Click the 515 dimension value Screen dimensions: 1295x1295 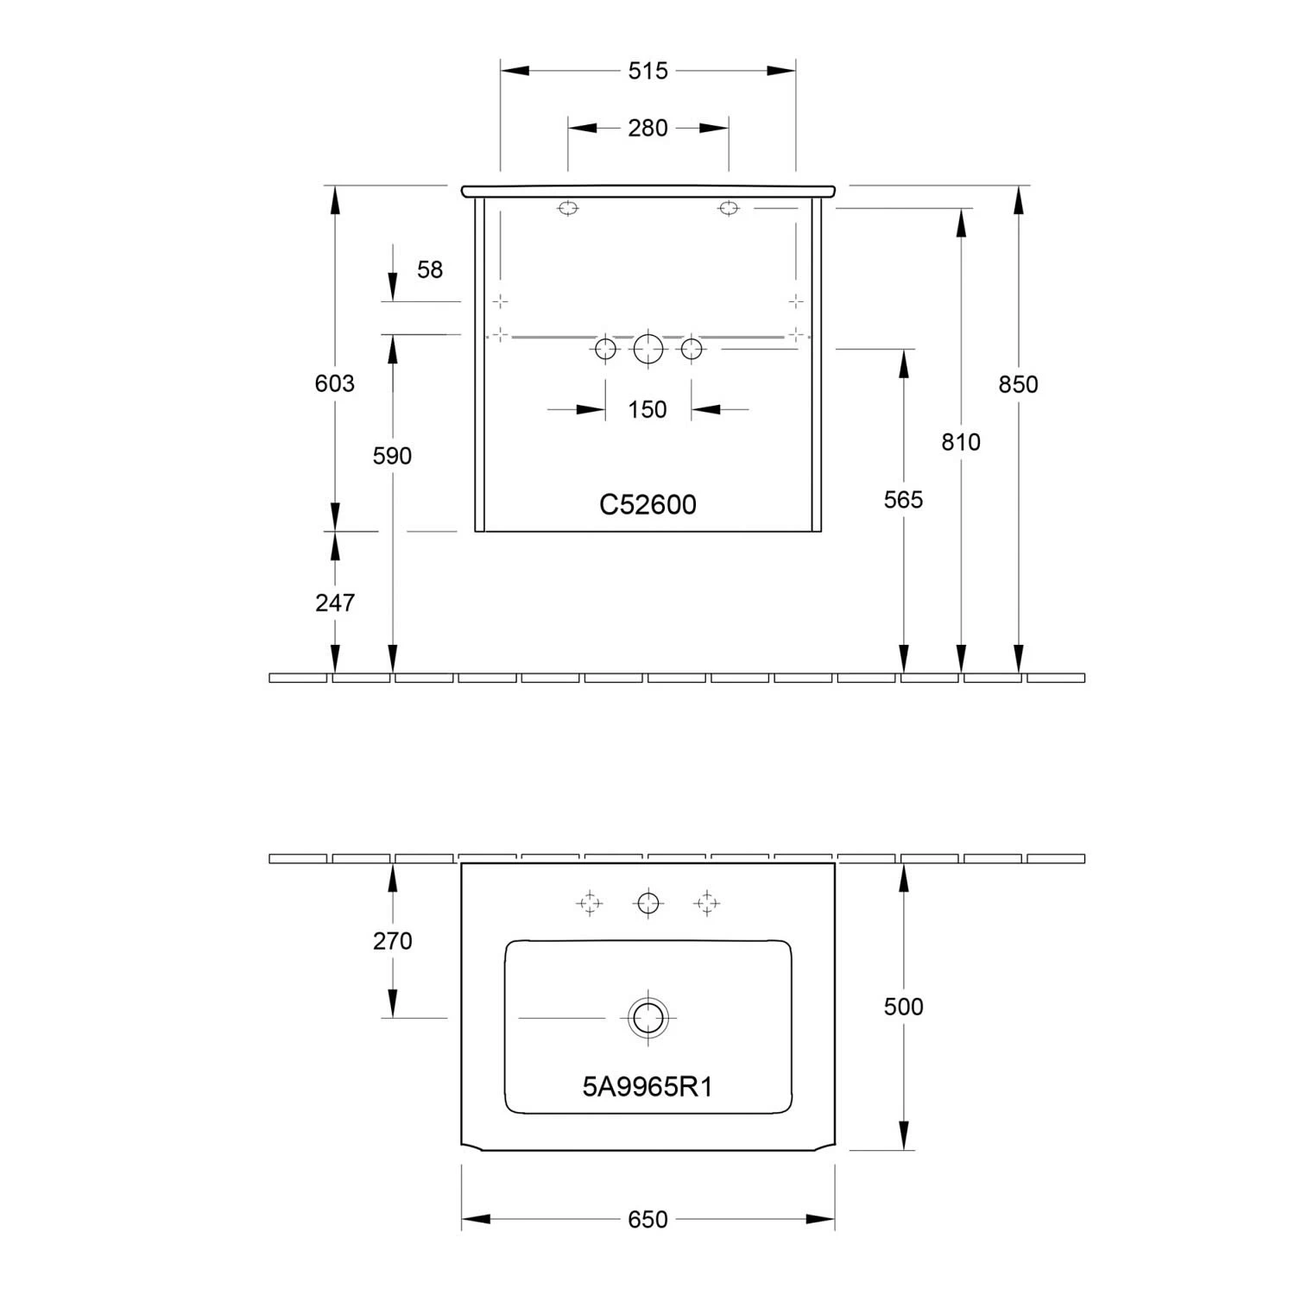(647, 71)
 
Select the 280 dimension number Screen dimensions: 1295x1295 (647, 128)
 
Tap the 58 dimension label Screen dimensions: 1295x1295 (429, 269)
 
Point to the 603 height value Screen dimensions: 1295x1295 (334, 382)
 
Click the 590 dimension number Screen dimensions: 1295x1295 (392, 456)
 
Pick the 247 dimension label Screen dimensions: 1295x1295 (334, 602)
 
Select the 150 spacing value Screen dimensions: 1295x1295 (647, 409)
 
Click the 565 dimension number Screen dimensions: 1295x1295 (903, 500)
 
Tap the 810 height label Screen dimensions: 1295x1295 (961, 442)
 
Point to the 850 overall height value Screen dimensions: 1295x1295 (1018, 384)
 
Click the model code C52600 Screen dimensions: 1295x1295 (647, 504)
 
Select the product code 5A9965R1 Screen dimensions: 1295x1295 (647, 1087)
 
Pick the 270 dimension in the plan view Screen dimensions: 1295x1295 (392, 940)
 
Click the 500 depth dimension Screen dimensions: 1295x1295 (903, 1006)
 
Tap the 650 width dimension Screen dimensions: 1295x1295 (647, 1219)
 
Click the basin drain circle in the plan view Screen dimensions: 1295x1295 (647, 1017)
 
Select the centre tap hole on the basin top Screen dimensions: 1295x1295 (647, 903)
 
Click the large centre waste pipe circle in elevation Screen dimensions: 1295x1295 (647, 349)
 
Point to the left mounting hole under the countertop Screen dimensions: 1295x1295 (567, 208)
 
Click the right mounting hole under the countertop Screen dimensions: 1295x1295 (729, 208)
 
